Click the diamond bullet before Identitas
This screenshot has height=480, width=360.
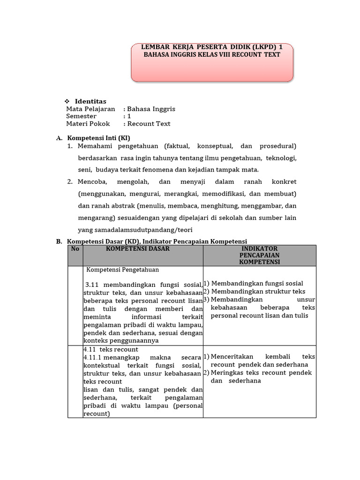[67, 101]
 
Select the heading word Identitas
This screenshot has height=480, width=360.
[90, 101]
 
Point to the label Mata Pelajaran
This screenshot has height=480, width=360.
[90, 109]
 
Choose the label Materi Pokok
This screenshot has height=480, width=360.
[88, 124]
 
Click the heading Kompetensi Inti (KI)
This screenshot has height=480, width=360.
[99, 138]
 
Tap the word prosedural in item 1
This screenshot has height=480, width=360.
[277, 146]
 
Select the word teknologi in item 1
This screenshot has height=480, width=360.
[281, 157]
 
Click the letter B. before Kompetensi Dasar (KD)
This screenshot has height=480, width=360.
[59, 241]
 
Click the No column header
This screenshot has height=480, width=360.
[75, 249]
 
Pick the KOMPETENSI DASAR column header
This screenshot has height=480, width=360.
[138, 249]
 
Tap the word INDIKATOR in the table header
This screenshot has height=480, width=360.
[260, 249]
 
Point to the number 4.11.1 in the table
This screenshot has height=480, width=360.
[93, 357]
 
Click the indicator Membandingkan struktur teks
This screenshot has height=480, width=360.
[258, 292]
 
